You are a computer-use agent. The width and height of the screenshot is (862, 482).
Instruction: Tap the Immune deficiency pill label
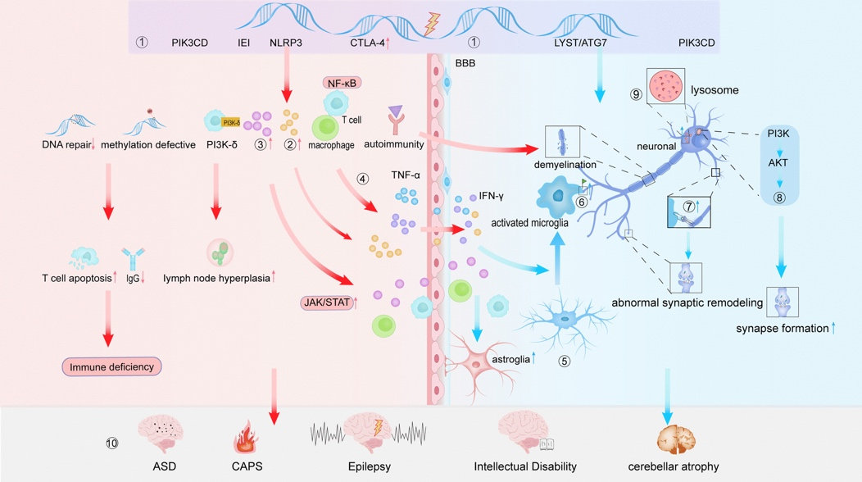click(x=111, y=366)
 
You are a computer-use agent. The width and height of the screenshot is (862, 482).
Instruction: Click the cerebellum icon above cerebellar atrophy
click(x=676, y=434)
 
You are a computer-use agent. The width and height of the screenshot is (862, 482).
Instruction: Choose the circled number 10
click(x=112, y=443)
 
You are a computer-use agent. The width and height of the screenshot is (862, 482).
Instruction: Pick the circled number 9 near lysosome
click(x=637, y=94)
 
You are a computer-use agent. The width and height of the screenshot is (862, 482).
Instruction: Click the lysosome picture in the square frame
click(x=665, y=86)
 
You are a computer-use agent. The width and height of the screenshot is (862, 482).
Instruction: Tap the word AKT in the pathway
click(x=779, y=163)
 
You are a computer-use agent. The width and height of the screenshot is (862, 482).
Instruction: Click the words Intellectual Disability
click(x=525, y=466)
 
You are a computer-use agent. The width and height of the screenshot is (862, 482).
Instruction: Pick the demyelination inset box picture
click(x=563, y=140)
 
